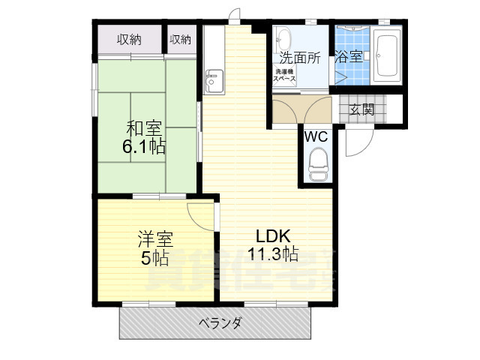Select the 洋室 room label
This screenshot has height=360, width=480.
coord(154,241)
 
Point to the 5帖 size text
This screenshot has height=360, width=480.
coord(154,259)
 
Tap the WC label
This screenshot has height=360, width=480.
coord(315,137)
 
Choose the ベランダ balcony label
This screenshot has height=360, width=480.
coord(220,323)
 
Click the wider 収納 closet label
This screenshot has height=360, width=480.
coord(129,40)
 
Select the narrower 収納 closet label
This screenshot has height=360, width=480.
coord(180,40)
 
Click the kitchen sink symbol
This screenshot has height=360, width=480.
coord(213,79)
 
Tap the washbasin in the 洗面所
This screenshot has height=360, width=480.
coord(284,37)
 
